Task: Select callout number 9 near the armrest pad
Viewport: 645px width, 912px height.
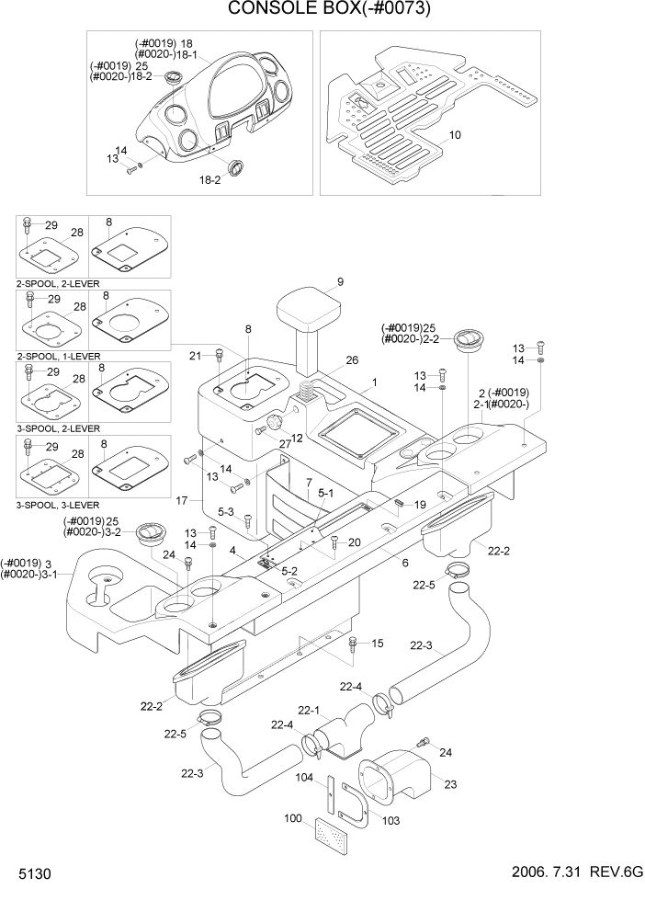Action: (x=339, y=282)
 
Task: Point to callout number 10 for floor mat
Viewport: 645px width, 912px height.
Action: (x=455, y=135)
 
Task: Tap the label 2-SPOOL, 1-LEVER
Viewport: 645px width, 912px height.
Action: (x=58, y=356)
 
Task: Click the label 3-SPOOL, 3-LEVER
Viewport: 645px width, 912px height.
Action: (x=58, y=506)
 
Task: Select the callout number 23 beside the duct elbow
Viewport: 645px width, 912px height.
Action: (x=449, y=783)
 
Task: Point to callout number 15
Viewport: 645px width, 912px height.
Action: (x=377, y=643)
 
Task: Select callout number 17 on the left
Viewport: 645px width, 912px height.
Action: (x=182, y=500)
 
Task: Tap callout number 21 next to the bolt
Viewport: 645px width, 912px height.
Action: (x=195, y=356)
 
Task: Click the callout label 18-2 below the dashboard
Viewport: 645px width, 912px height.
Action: (x=210, y=181)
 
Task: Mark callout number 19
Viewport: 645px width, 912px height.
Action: (x=420, y=505)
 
